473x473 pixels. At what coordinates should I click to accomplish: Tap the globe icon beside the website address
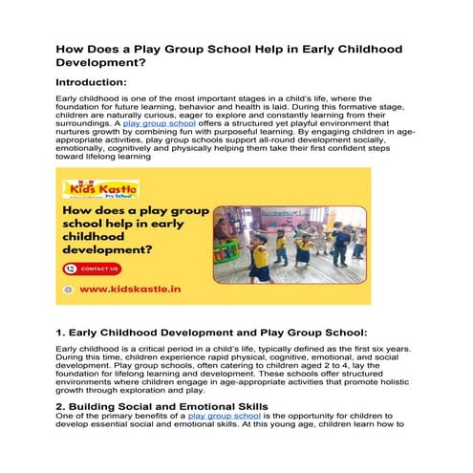coord(68,290)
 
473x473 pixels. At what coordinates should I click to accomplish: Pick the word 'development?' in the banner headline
coord(111,251)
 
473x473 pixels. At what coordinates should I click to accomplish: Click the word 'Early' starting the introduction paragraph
coord(69,99)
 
